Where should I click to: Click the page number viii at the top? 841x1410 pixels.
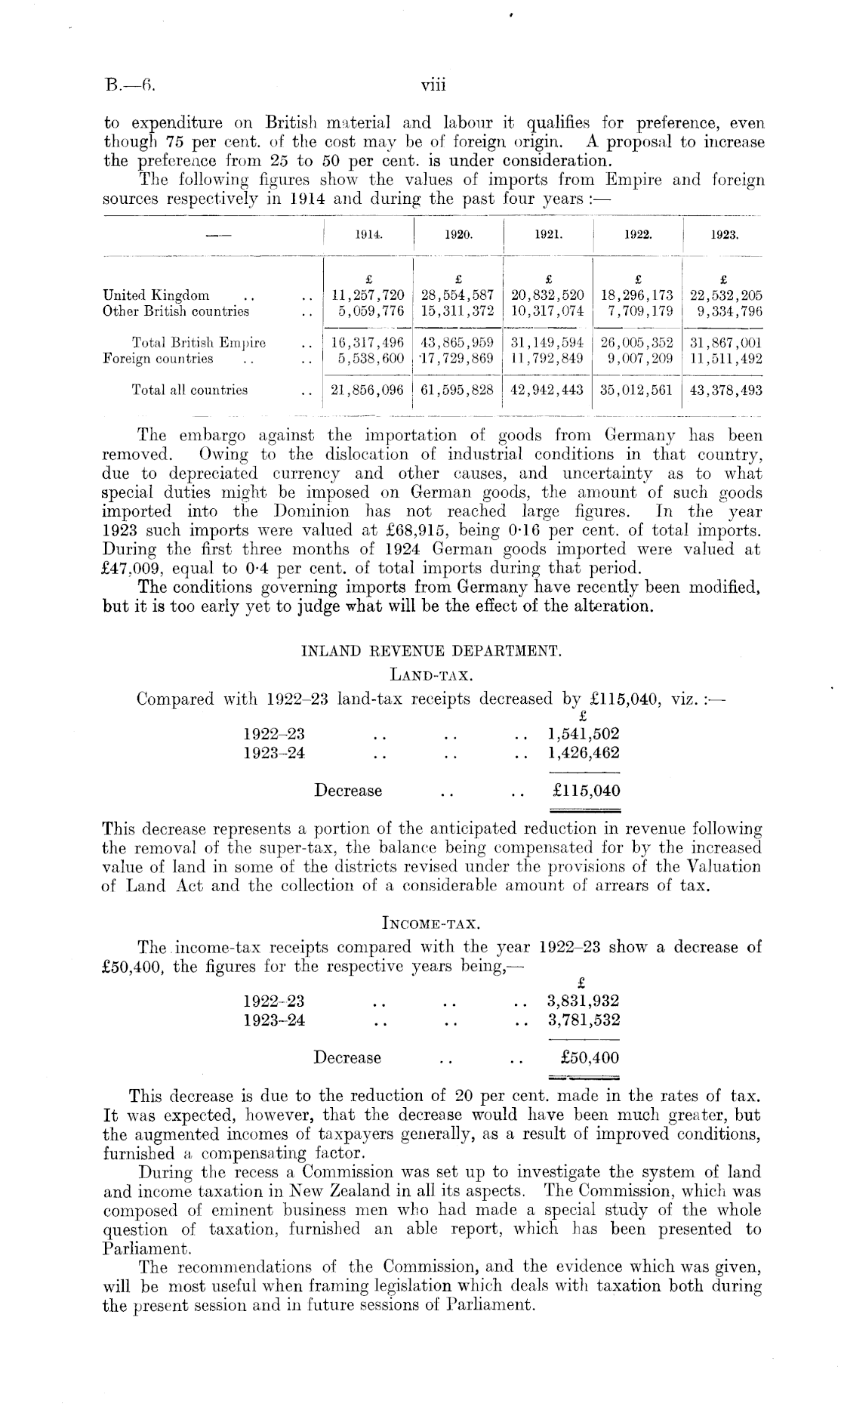(x=433, y=85)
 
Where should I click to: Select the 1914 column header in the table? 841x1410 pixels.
(x=368, y=235)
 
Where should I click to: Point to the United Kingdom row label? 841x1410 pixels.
(x=156, y=295)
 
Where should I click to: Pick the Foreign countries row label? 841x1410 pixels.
(x=158, y=359)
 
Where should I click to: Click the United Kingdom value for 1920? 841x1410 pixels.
(x=458, y=295)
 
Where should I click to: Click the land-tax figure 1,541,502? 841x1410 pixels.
(x=583, y=733)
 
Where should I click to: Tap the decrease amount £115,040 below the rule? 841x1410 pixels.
(x=586, y=791)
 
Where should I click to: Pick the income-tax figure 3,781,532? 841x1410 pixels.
(x=583, y=1020)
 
